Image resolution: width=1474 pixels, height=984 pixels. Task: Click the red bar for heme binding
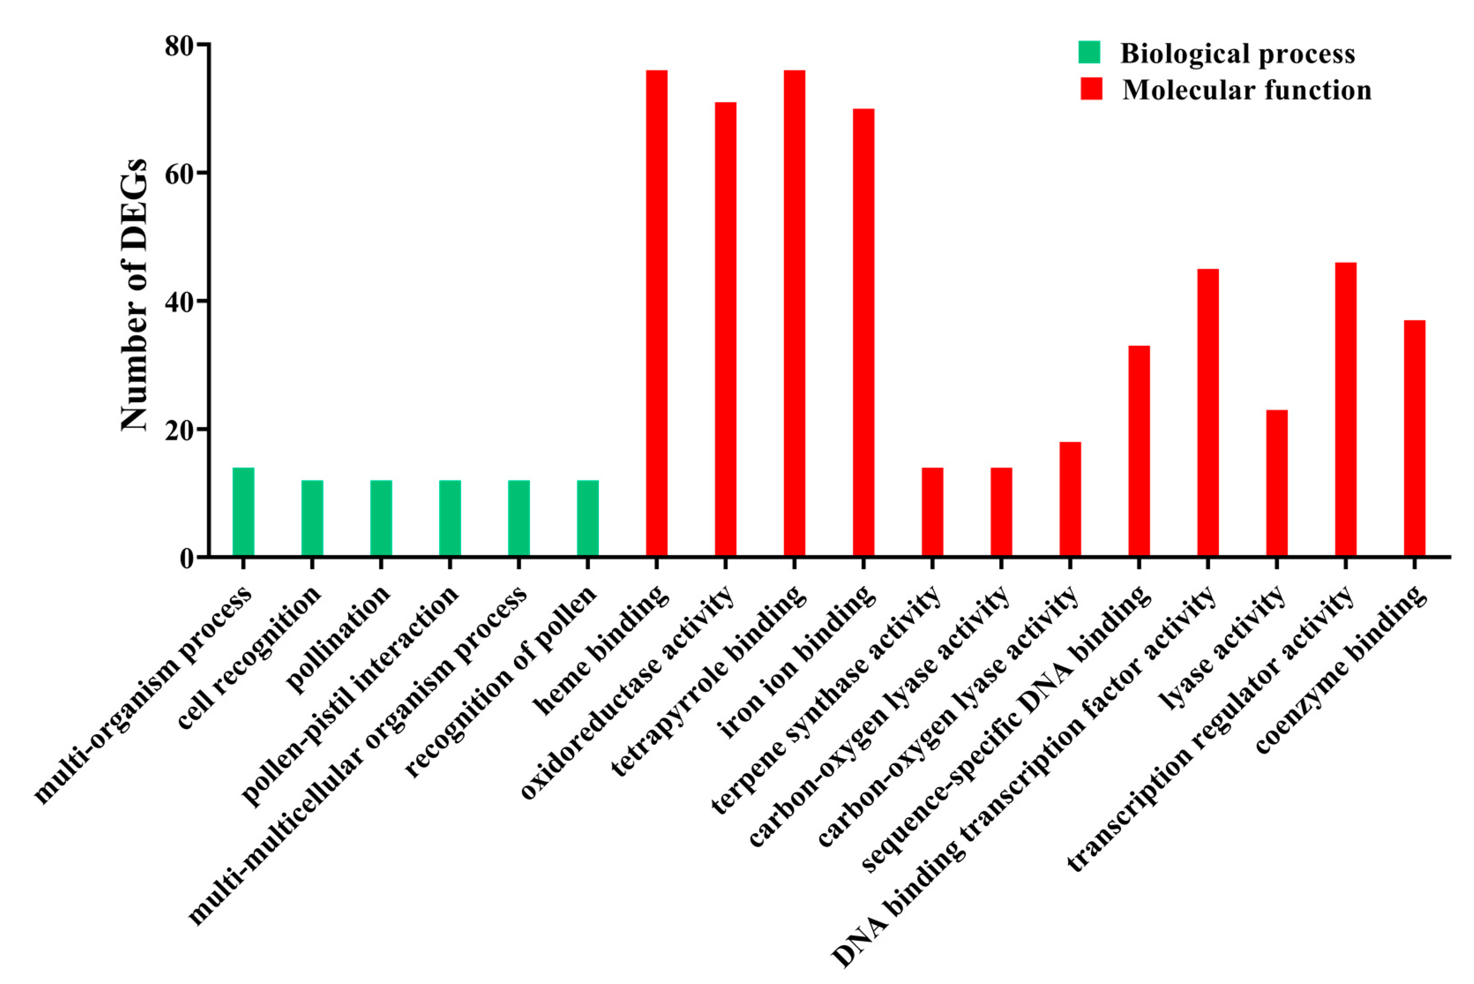[656, 314]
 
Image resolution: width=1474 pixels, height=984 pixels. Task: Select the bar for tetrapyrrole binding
[794, 314]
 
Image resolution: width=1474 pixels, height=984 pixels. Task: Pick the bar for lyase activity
[1276, 483]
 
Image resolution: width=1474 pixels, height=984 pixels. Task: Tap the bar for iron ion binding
[863, 333]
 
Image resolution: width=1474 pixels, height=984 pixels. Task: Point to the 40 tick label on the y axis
[180, 301]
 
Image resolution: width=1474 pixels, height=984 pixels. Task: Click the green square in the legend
[1089, 53]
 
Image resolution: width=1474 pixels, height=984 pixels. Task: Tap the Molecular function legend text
[1246, 90]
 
